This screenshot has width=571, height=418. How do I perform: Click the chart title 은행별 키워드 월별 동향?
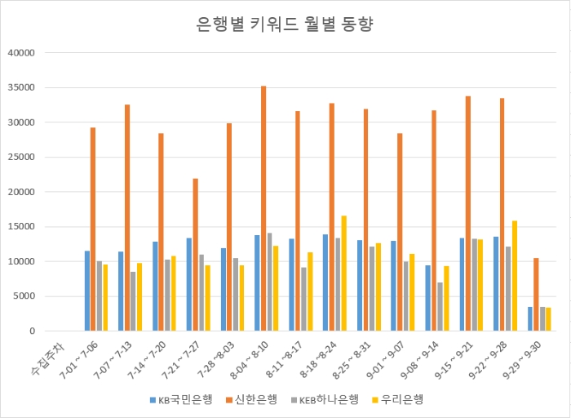(285, 24)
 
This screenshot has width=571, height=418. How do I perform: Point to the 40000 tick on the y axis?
(20, 53)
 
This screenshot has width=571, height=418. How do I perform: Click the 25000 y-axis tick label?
(20, 158)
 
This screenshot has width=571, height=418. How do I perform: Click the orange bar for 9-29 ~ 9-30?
(536, 295)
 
